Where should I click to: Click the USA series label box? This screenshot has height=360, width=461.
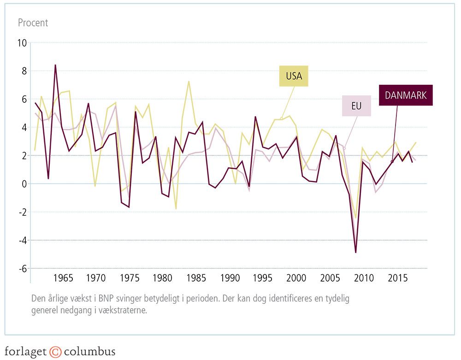[294, 76]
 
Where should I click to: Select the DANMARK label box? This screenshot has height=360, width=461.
[406, 95]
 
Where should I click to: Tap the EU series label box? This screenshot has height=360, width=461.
[355, 106]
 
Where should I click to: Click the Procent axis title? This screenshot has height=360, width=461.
[33, 23]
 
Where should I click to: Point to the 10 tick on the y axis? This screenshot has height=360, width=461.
[22, 43]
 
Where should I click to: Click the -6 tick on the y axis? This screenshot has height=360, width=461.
[22, 269]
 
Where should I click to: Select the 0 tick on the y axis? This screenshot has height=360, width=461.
[24, 184]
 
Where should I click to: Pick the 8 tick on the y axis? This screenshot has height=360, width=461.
[24, 71]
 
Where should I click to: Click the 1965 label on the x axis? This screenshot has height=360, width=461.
[63, 278]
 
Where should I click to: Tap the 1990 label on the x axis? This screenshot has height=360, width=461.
[230, 278]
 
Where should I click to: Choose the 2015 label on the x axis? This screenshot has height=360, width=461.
[397, 278]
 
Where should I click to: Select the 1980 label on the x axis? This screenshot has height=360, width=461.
[163, 278]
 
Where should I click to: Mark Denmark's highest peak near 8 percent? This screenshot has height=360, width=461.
[55, 65]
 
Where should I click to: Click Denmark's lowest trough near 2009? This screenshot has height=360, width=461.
[356, 252]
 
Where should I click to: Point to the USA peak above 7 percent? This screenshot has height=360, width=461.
[189, 81]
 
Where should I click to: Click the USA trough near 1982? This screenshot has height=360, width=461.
[176, 209]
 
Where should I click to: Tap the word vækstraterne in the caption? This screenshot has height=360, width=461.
[125, 310]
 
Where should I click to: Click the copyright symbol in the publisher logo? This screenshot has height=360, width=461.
[55, 352]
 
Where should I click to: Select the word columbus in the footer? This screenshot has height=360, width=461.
[89, 352]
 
